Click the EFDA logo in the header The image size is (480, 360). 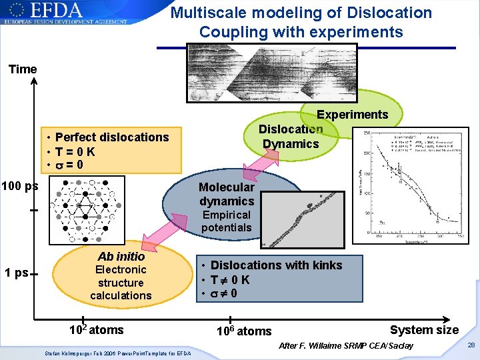pyautogui.click(x=63, y=13)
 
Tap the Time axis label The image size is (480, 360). pyautogui.click(x=23, y=69)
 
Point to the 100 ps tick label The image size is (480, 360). pyautogui.click(x=19, y=186)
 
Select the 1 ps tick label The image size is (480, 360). pyautogui.click(x=16, y=273)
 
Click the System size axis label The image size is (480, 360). pyautogui.click(x=424, y=330)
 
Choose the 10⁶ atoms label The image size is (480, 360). pyautogui.click(x=245, y=331)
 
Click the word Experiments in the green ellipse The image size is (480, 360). pyautogui.click(x=352, y=115)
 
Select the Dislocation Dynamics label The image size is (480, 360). pyautogui.click(x=291, y=137)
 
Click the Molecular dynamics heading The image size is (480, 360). pyautogui.click(x=227, y=194)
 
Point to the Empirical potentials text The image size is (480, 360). pyautogui.click(x=227, y=221)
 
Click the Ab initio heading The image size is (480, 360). pyautogui.click(x=121, y=256)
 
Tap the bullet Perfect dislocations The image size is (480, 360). pyautogui.click(x=112, y=137)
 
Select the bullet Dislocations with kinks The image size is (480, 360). pyautogui.click(x=276, y=265)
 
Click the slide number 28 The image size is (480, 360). pyautogui.click(x=471, y=345)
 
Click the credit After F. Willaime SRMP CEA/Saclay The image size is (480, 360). pyautogui.click(x=345, y=345)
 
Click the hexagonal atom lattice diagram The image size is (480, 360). pyautogui.click(x=87, y=207)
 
